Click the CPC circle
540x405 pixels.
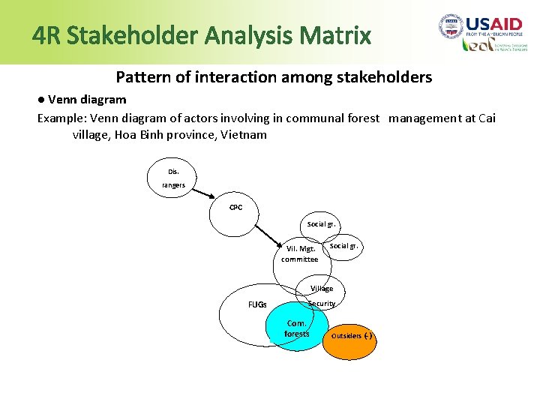click(235, 208)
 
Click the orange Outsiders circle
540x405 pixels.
click(351, 335)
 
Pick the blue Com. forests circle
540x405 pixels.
click(296, 328)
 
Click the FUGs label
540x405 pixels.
click(257, 304)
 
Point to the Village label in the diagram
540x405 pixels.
click(322, 288)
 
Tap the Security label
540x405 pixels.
click(322, 304)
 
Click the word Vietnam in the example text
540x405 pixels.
click(243, 135)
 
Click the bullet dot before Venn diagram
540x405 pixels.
click(41, 100)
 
